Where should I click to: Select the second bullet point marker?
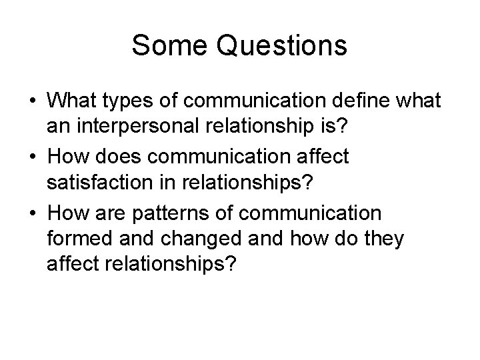tap(31, 158)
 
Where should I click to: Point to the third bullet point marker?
tap(31, 213)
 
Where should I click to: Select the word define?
tap(351, 102)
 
